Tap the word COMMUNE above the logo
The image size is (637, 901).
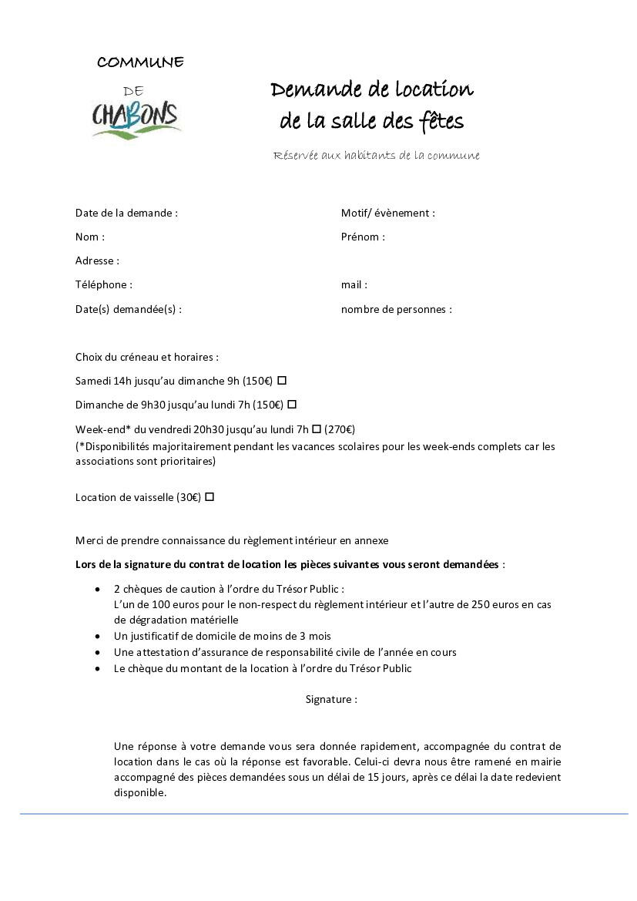point(140,62)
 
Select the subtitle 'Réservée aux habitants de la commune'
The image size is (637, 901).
point(376,156)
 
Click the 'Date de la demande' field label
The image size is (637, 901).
point(126,213)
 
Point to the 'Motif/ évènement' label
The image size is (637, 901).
point(387,213)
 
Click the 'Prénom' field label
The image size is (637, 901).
point(363,237)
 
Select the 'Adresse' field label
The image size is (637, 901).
point(97,261)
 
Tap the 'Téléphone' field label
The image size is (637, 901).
point(104,284)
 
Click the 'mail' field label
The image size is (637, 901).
point(354,284)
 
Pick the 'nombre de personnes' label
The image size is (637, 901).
point(396,309)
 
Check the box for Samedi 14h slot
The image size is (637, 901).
point(282,380)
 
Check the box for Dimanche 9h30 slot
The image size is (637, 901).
point(292,404)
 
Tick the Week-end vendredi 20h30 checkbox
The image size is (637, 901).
point(317,429)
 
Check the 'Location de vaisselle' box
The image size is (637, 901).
point(210,497)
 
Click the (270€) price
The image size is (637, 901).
point(340,429)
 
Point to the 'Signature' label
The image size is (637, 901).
point(331,699)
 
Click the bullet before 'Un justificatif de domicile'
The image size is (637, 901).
point(97,636)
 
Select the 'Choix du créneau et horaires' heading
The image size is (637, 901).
point(146,357)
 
